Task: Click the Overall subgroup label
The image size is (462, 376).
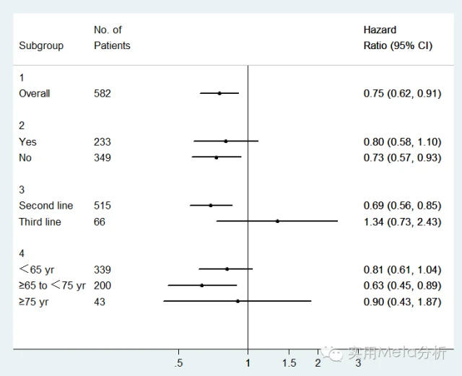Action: [35, 94]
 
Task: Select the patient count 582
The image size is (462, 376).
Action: [103, 94]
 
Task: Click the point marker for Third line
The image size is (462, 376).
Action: [277, 222]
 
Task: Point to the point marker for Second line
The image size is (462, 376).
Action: [211, 206]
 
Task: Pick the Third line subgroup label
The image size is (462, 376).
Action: [40, 222]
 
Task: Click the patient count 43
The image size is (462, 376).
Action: [100, 302]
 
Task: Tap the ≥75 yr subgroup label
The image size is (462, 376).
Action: [33, 302]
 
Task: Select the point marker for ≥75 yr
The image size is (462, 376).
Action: [237, 301]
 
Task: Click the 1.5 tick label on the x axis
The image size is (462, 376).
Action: [289, 362]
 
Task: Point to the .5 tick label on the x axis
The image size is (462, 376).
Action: [178, 362]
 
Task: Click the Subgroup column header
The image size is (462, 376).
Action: [41, 45]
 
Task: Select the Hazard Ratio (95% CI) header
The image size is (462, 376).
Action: [398, 38]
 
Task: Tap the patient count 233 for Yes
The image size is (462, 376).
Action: [103, 142]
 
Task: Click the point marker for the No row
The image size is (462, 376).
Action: [216, 157]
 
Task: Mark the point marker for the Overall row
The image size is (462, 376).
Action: [219, 93]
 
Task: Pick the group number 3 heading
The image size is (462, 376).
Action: [22, 190]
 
